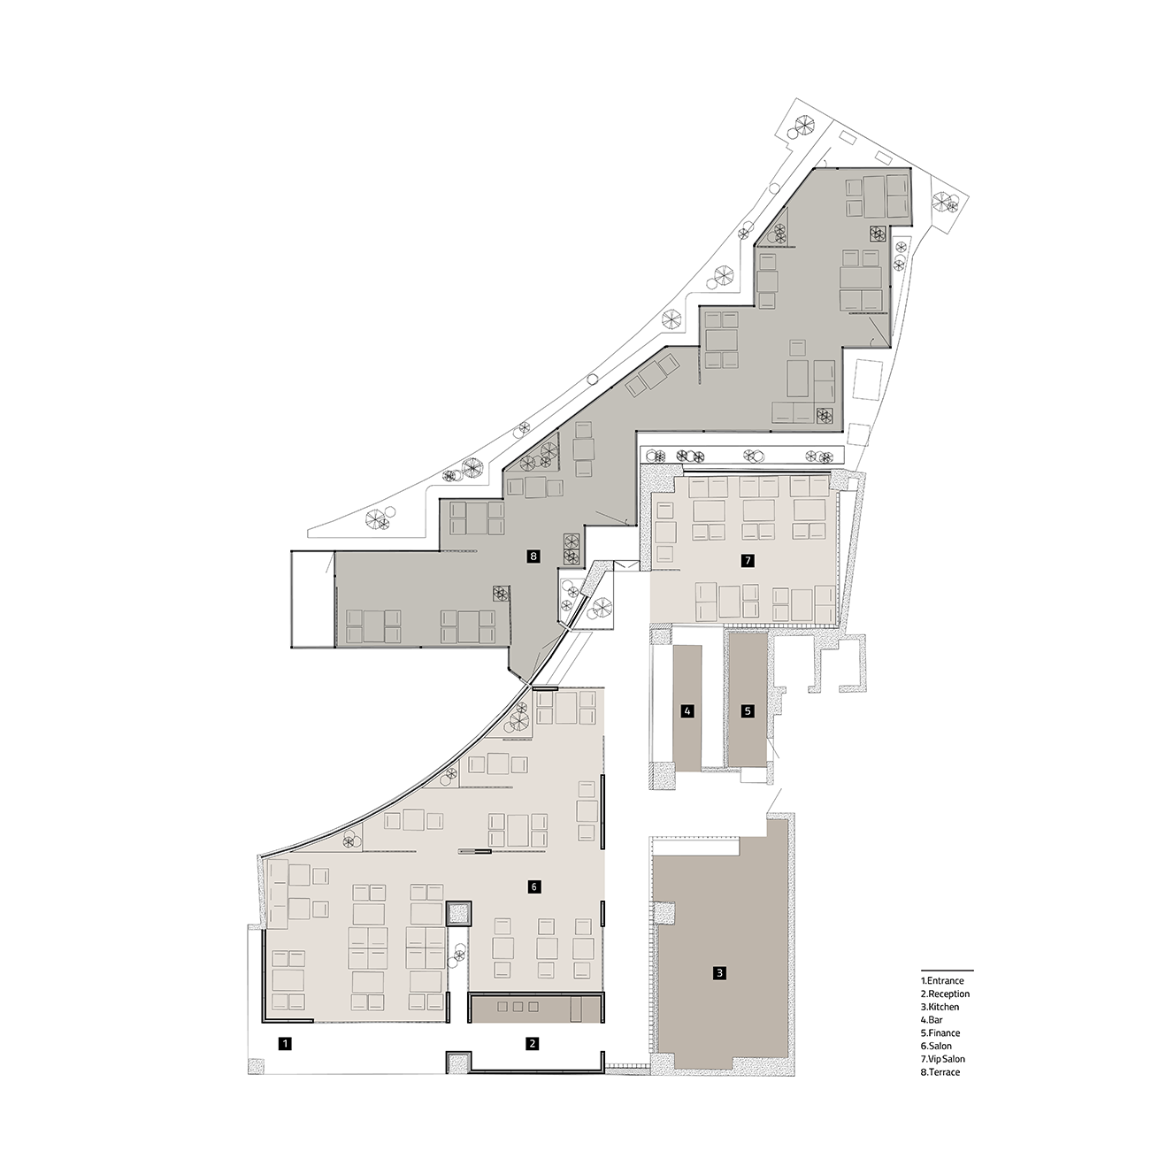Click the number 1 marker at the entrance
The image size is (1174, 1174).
pos(285,1044)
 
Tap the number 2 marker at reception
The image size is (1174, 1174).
pos(533,1044)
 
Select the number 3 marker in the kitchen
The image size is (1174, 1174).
pos(719,990)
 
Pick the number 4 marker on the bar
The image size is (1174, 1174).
pos(687,710)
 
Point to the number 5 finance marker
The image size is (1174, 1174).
pos(748,710)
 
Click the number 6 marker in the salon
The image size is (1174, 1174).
pos(533,886)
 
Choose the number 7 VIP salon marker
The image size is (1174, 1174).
pos(748,561)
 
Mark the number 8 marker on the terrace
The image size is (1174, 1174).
pos(533,556)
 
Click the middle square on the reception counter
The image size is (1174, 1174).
pos(518,1007)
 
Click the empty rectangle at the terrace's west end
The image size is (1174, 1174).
pos(312,600)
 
